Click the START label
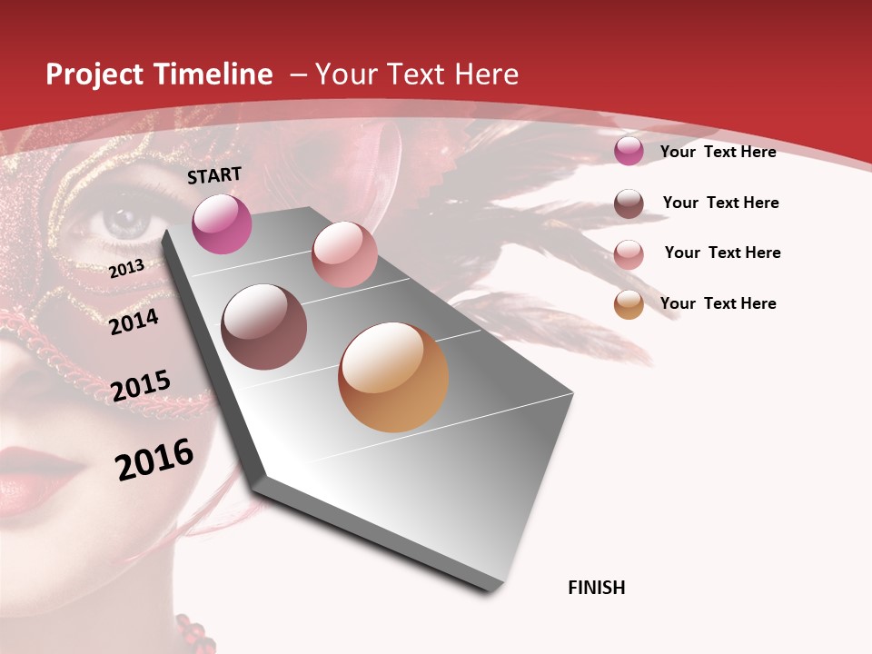coord(214,175)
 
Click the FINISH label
coord(596,588)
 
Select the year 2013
coord(126,269)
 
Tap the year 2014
coord(134,322)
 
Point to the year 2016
coord(154,459)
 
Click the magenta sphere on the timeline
coord(222,223)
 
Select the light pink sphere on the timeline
coord(344,254)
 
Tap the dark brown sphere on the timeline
coord(264,327)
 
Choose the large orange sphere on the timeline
coord(393,377)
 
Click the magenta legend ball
coord(629,151)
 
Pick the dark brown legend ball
coord(629,203)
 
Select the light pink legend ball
coord(629,254)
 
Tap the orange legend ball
coord(629,304)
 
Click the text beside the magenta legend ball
coord(718,152)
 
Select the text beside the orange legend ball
coord(718,303)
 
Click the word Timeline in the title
coord(213,74)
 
